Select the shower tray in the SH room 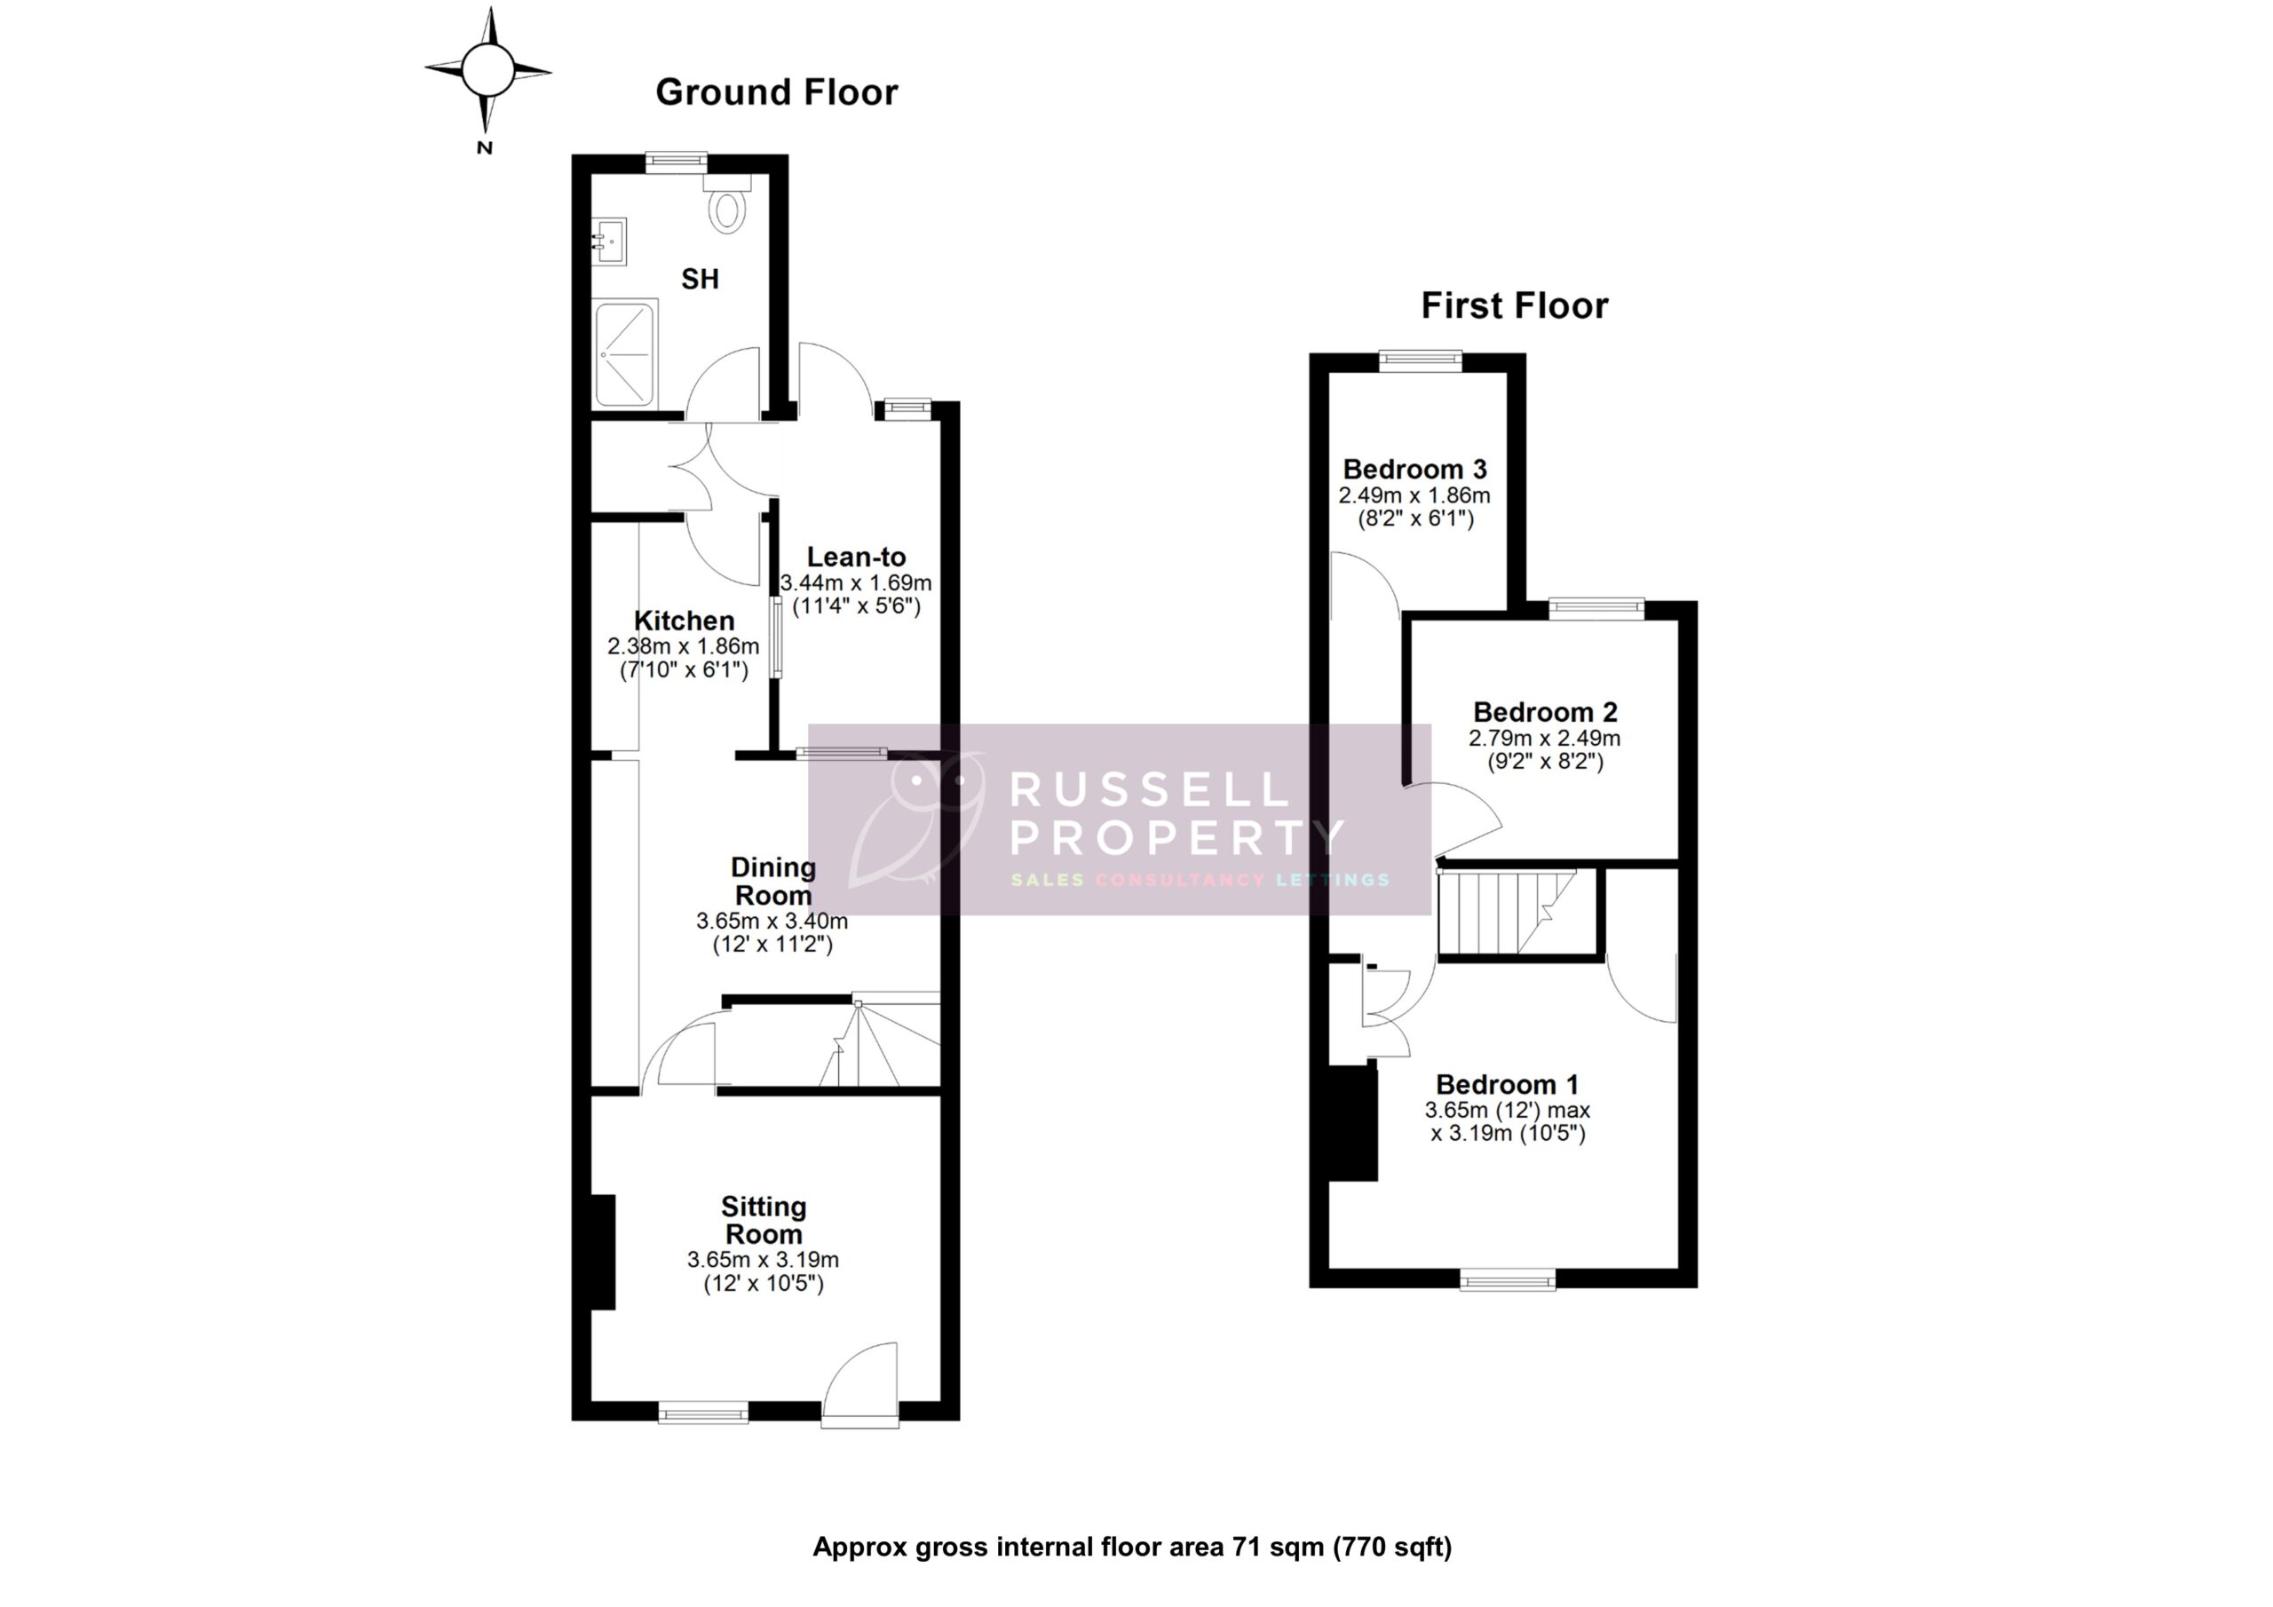(x=625, y=352)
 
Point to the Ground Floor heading (x=776, y=92)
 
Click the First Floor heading (x=1514, y=306)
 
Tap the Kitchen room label (x=684, y=621)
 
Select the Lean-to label (x=856, y=557)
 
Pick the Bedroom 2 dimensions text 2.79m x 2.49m (x=1544, y=738)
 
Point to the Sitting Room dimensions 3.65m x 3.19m (x=764, y=1260)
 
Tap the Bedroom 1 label (x=1507, y=1084)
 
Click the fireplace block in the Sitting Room (x=603, y=1252)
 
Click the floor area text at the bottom (x=1131, y=1546)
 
